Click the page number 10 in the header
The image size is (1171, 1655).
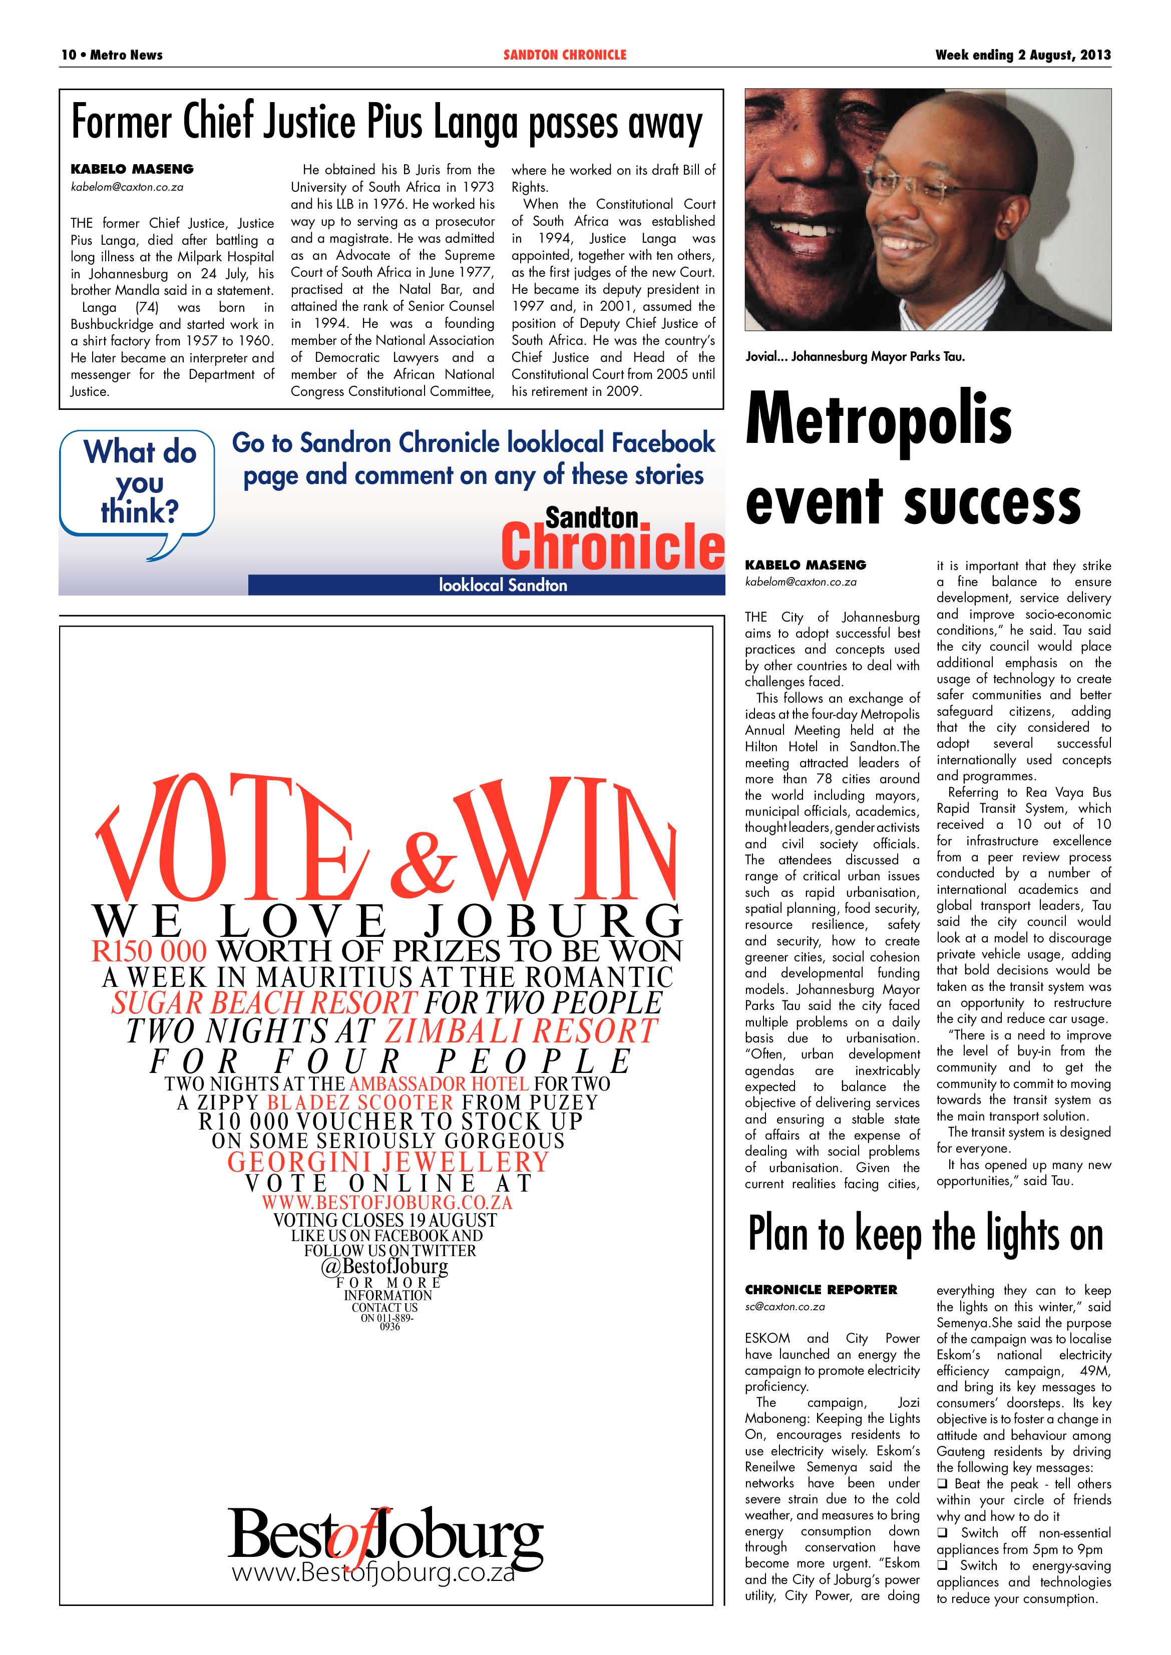tap(69, 55)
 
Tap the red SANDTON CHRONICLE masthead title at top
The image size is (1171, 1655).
tap(565, 55)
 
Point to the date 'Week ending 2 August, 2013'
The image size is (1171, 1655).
tap(1022, 55)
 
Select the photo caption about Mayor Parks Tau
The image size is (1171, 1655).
tap(855, 356)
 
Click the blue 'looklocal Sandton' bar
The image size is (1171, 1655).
tap(503, 585)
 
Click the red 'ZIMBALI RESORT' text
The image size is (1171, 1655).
tap(521, 1031)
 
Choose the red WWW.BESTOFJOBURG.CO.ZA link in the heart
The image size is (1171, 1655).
tap(386, 1202)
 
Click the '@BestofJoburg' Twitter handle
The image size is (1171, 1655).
tap(384, 1267)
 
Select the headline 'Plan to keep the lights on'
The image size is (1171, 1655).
tap(926, 1233)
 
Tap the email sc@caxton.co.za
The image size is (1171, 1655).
tap(785, 1306)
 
